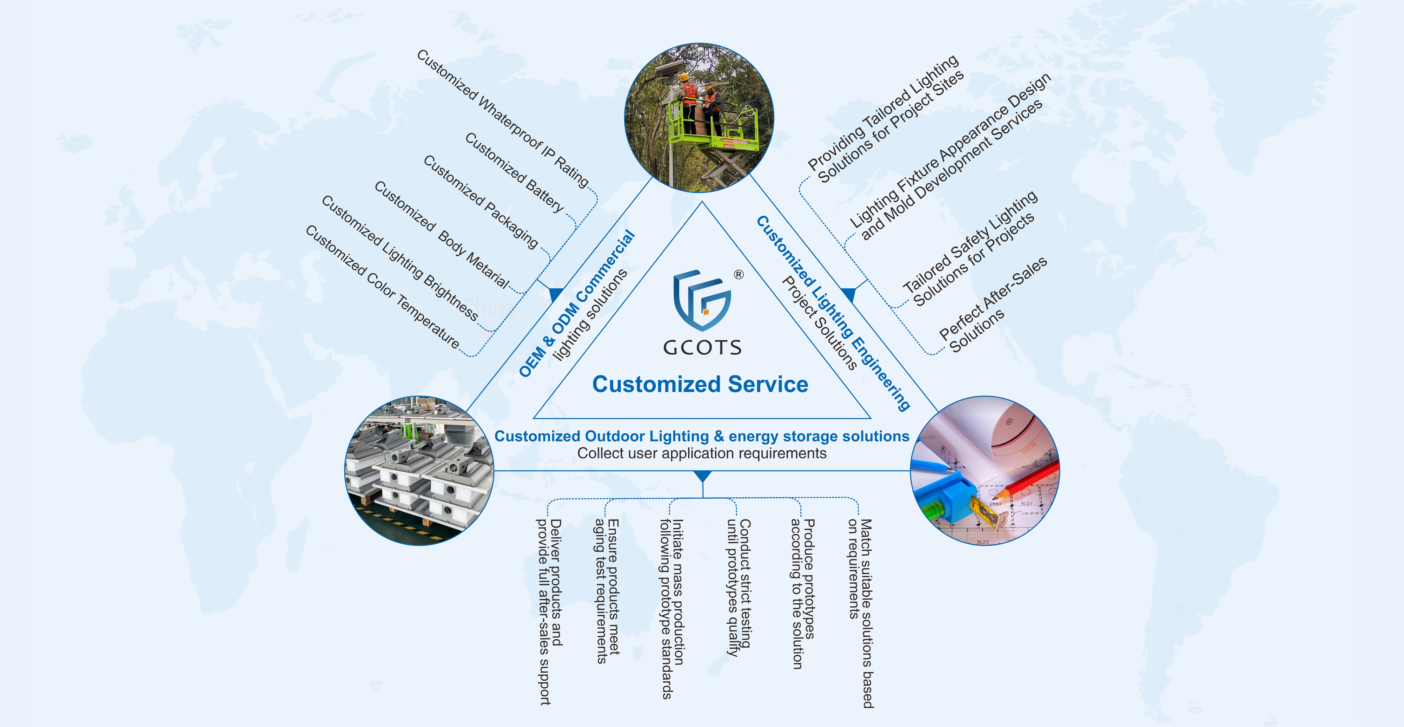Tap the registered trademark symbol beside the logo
[x=739, y=274]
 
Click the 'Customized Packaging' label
[x=481, y=202]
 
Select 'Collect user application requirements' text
[x=702, y=453]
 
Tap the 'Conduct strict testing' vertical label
[x=739, y=586]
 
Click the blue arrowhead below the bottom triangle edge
[x=703, y=476]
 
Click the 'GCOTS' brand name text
[x=702, y=347]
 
